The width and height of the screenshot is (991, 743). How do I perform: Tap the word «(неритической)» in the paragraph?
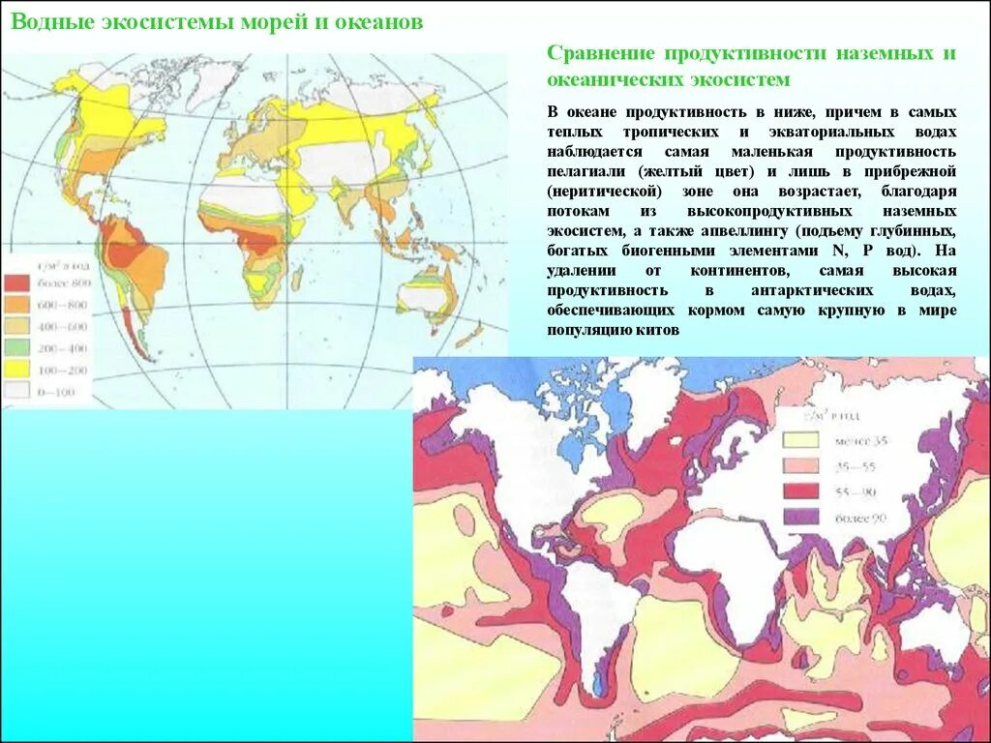click(593, 192)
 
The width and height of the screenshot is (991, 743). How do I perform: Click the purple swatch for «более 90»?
click(801, 517)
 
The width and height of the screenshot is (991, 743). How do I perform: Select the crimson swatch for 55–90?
click(801, 491)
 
